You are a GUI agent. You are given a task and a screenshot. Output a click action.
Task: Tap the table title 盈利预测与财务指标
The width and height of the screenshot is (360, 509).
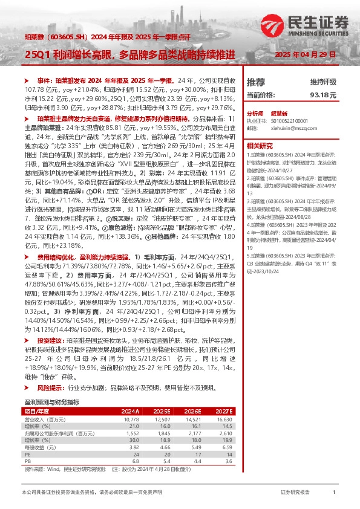pyautogui.click(x=52, y=402)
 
